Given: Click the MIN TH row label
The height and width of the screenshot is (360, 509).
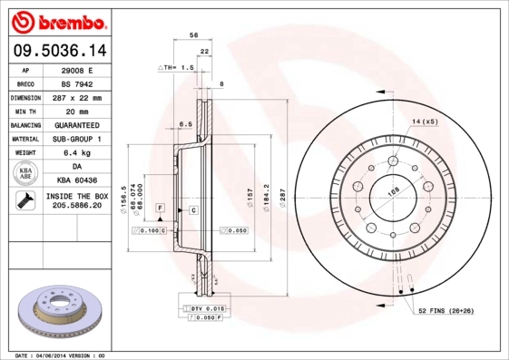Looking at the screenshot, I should click(26, 111).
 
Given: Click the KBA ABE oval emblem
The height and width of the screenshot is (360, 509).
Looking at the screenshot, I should click(26, 174).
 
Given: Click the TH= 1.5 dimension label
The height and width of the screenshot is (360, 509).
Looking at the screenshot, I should click(178, 68).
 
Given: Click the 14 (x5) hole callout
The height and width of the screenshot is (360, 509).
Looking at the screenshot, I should click(424, 121).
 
